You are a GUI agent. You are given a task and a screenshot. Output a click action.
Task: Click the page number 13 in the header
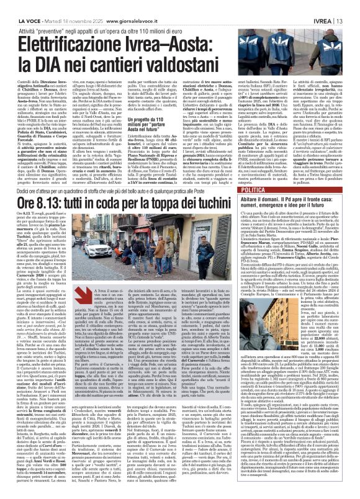(352, 5)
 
